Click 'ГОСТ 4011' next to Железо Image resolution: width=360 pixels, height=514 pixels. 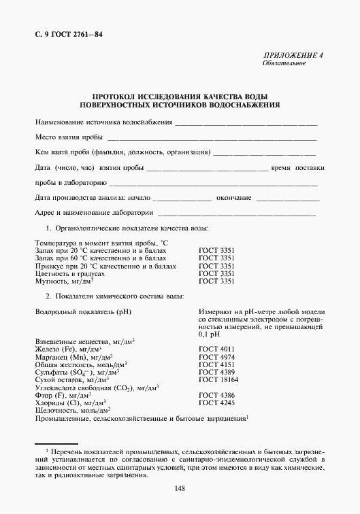click(x=216, y=349)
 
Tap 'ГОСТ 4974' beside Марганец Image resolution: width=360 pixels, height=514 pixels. click(x=216, y=357)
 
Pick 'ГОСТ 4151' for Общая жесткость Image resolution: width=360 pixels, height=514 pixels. click(x=216, y=364)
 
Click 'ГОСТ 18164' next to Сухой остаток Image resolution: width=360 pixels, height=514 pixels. click(x=218, y=380)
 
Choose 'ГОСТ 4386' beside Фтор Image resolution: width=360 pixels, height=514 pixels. click(x=216, y=396)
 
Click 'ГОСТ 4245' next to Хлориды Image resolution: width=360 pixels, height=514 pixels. click(x=216, y=403)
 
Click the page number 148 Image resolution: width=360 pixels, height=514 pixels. click(x=180, y=488)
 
